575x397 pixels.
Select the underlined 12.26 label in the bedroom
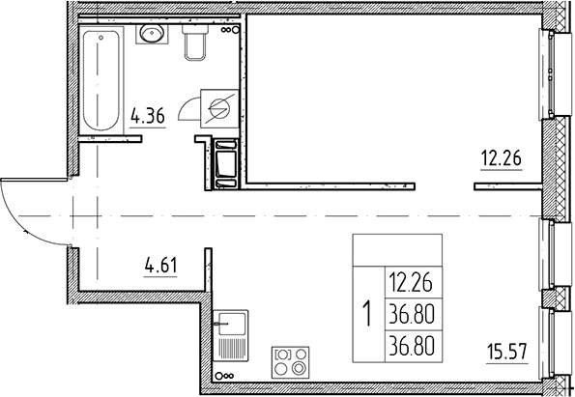(x=502, y=158)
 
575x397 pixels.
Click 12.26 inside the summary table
(x=412, y=283)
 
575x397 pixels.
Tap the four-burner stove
(x=294, y=362)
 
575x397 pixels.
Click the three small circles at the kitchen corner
(x=224, y=376)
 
